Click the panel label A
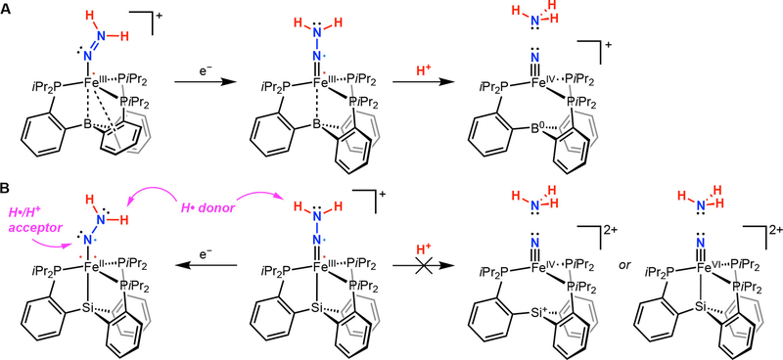point(8,9)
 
